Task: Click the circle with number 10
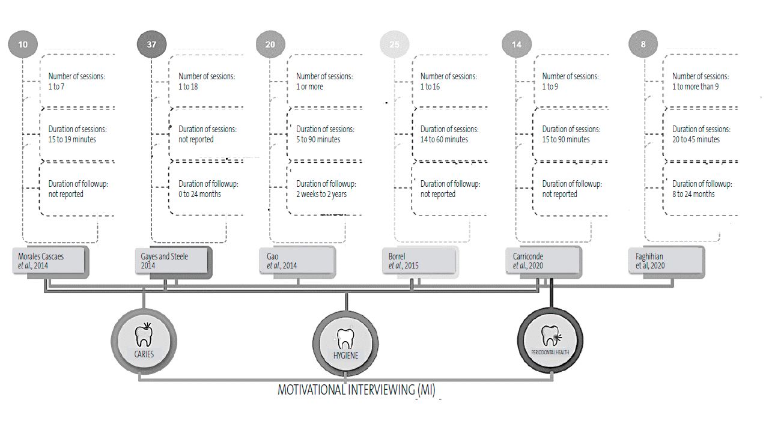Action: point(23,44)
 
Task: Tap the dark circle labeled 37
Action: point(151,44)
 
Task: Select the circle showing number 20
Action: point(270,44)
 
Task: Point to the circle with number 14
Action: point(517,44)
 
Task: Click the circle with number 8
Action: point(643,44)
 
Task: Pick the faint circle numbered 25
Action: point(394,44)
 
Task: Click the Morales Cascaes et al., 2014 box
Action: point(50,261)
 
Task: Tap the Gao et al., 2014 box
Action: point(297,261)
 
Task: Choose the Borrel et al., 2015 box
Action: point(419,261)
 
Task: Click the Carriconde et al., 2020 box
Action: point(542,261)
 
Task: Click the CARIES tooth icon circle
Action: point(144,341)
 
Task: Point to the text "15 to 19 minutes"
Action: point(72,139)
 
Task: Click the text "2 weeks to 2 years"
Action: point(321,194)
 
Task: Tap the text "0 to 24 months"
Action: point(199,194)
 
